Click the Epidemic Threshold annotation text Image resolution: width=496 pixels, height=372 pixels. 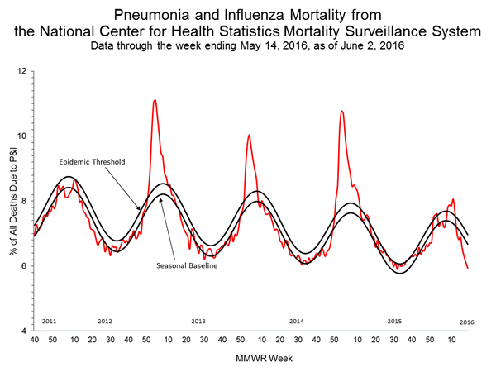pyautogui.click(x=92, y=162)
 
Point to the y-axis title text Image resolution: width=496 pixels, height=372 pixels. pyautogui.click(x=12, y=201)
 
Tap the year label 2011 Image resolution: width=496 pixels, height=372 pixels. pyautogui.click(x=50, y=320)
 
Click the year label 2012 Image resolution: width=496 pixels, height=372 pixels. pyautogui.click(x=105, y=320)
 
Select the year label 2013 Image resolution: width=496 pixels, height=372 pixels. pyautogui.click(x=199, y=320)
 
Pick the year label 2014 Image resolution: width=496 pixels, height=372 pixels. pyautogui.click(x=297, y=320)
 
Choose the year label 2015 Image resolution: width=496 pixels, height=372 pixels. pyautogui.click(x=394, y=320)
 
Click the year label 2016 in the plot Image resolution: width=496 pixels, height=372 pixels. pyautogui.click(x=466, y=320)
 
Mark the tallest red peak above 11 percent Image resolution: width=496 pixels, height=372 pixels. pyautogui.click(x=155, y=100)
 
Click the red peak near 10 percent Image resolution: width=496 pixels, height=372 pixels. pyautogui.click(x=249, y=135)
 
